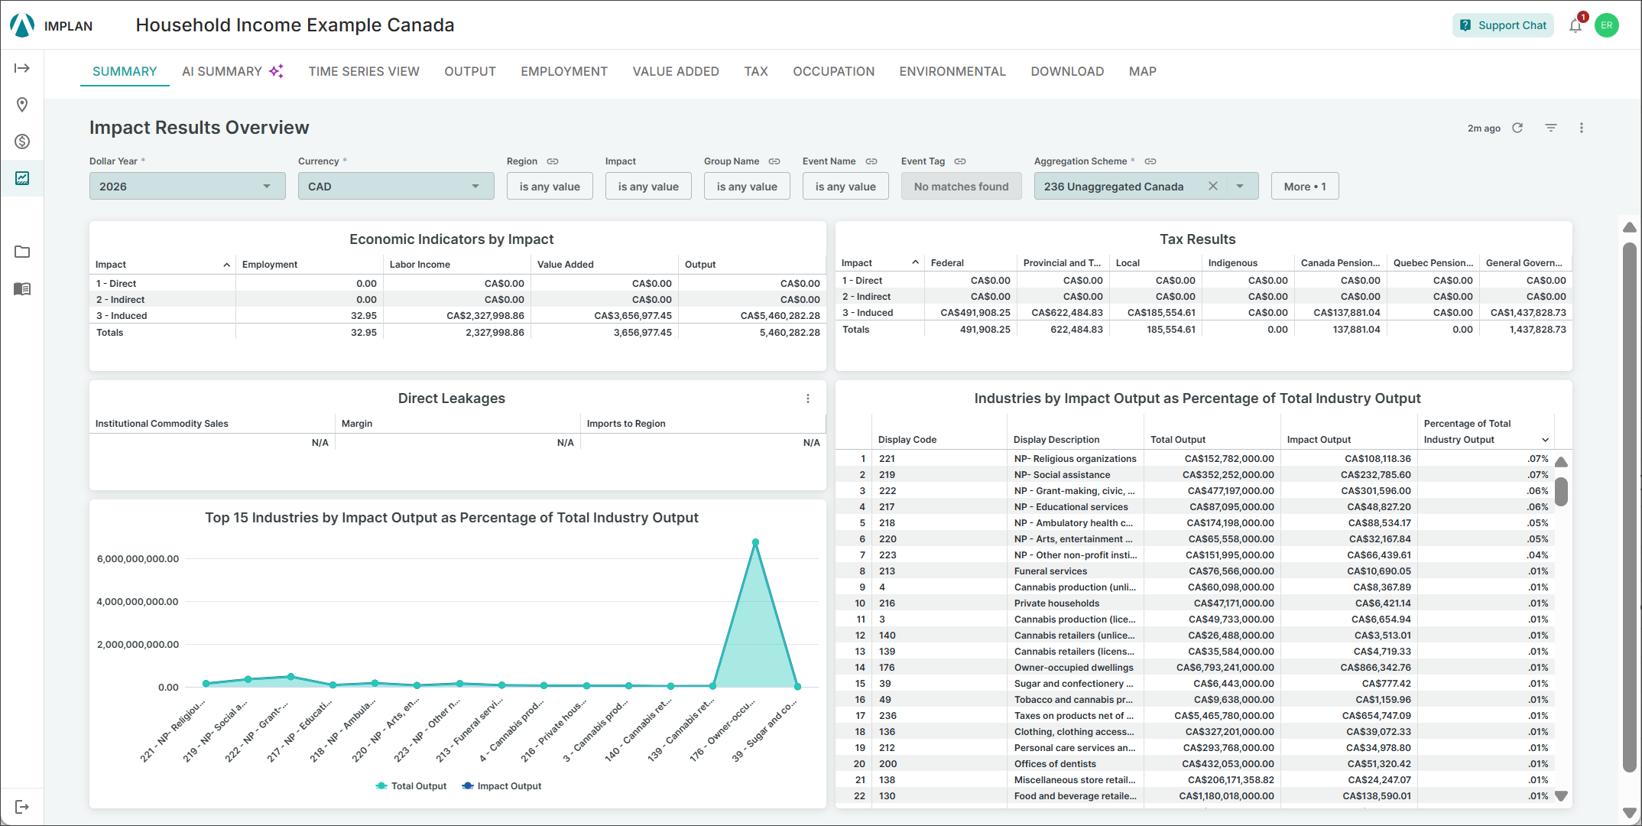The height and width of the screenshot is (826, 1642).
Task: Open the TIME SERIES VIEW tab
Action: [364, 71]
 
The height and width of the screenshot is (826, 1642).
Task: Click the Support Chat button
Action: [1503, 25]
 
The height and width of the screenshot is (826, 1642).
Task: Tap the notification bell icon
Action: [1575, 26]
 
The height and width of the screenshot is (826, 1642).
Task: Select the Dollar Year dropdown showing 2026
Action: [187, 186]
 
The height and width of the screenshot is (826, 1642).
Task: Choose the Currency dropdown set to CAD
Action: [396, 186]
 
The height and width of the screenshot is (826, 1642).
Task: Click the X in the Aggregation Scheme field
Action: [1212, 186]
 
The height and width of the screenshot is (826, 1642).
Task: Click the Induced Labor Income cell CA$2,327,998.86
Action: [485, 315]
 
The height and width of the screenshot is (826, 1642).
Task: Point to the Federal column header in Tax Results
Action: [947, 263]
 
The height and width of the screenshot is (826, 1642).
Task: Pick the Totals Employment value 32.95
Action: [364, 333]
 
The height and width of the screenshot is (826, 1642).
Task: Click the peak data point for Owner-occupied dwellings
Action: [755, 542]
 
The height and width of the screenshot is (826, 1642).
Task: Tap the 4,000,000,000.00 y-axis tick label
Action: [138, 602]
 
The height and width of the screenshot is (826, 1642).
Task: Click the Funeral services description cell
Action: [1050, 571]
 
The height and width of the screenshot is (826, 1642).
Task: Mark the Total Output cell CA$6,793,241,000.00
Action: [1225, 668]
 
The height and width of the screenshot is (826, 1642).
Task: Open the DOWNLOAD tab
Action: [1067, 71]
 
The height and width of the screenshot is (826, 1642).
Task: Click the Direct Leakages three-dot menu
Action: [808, 398]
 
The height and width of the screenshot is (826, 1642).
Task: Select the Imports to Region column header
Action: [626, 424]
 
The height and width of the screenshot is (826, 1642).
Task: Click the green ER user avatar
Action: [1607, 25]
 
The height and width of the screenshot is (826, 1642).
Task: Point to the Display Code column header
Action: [907, 440]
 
